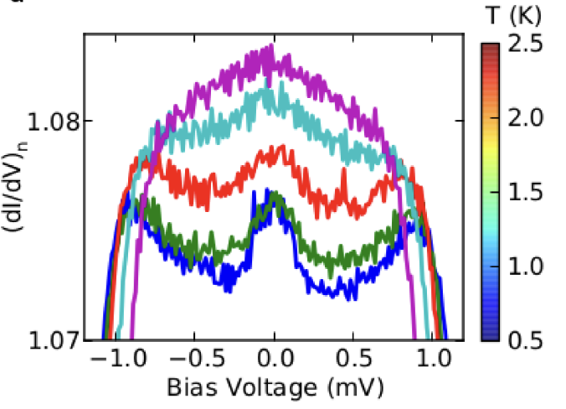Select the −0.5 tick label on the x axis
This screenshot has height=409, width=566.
click(x=194, y=362)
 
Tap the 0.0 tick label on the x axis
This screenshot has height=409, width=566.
click(x=273, y=362)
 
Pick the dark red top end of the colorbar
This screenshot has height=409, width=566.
click(x=491, y=49)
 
